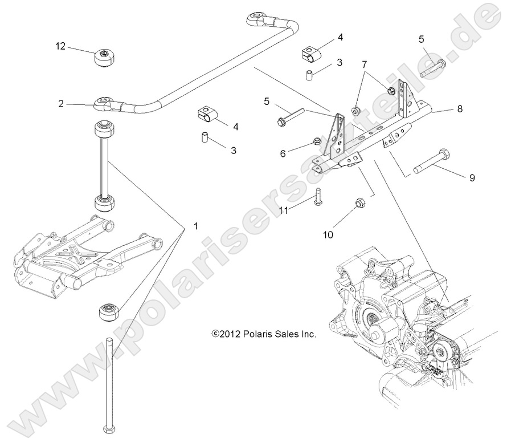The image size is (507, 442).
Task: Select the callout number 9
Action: (472, 178)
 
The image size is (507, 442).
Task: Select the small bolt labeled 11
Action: (317, 197)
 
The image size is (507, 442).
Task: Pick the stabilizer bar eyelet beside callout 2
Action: (103, 104)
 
